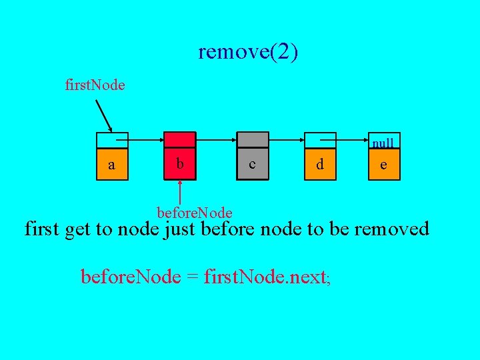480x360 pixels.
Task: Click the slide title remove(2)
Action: coord(247,52)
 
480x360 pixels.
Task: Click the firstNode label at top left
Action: coord(95,85)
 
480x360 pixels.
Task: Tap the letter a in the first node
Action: coord(111,165)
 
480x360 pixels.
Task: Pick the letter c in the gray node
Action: coord(252,164)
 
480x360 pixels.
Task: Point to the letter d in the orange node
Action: coord(321,164)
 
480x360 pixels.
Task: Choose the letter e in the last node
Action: coord(383,164)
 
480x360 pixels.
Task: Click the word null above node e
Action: coord(383,143)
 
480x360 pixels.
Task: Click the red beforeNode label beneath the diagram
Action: coord(194,213)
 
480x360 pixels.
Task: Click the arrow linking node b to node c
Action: coord(215,140)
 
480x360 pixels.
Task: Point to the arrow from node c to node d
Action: coord(285,140)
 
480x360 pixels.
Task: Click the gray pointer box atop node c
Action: coord(253,140)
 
